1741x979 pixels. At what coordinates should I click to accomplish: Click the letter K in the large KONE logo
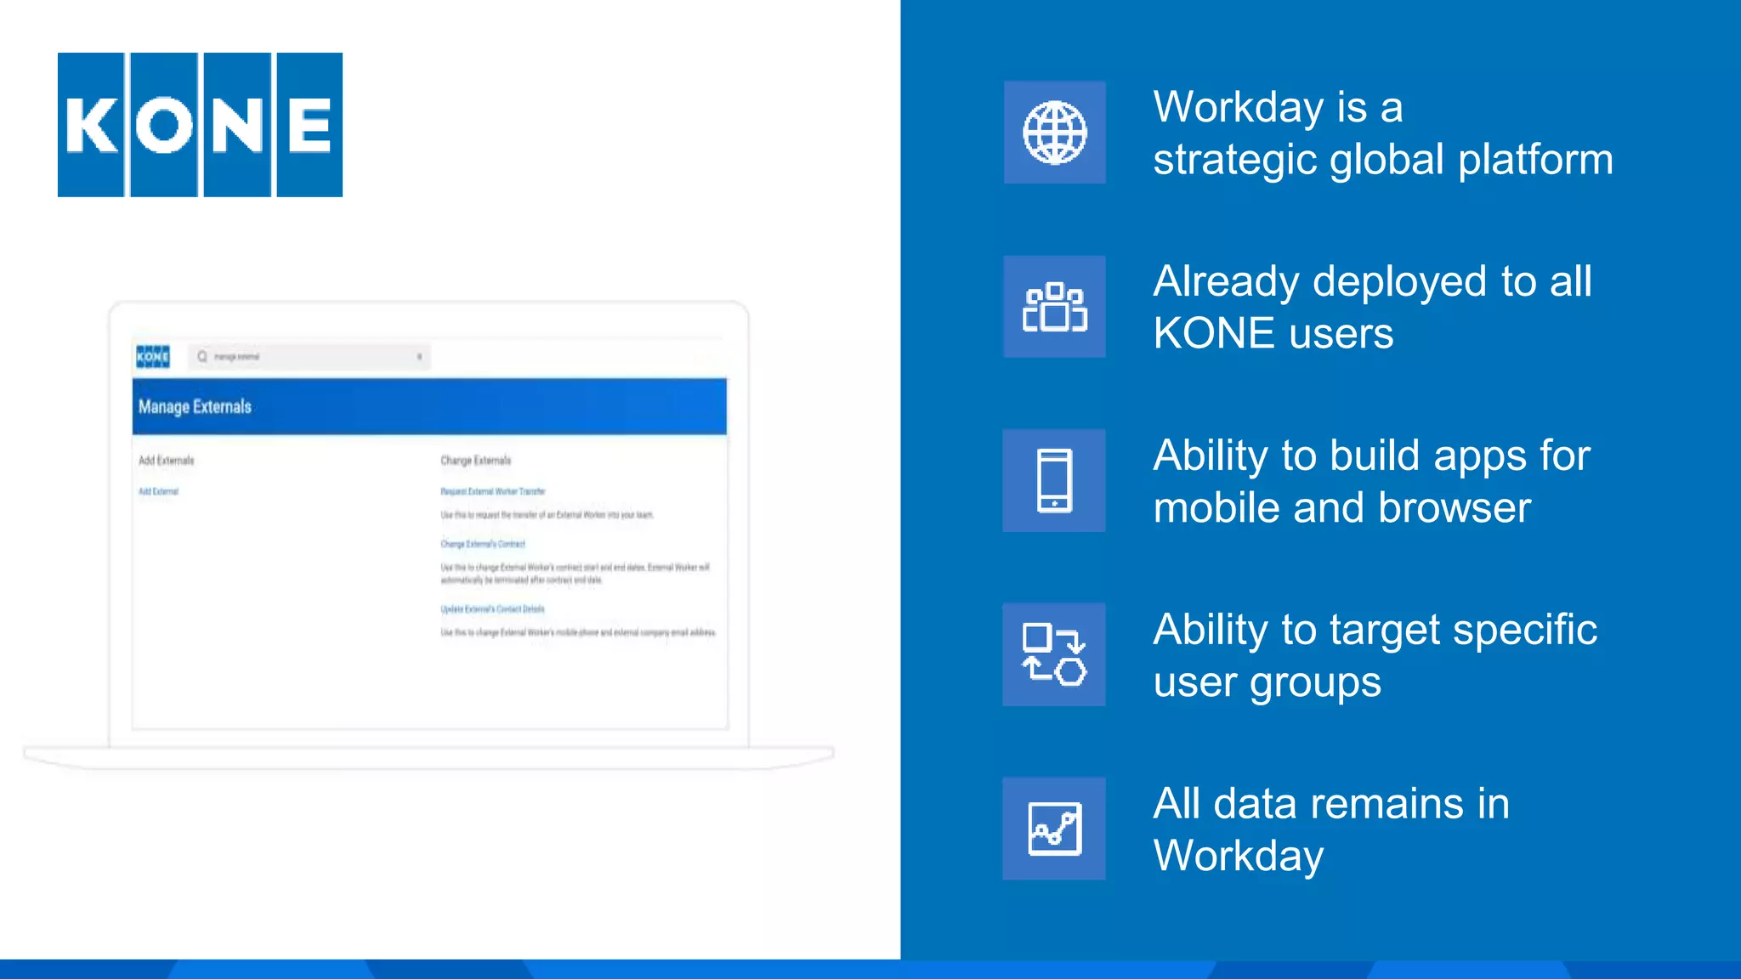(91, 125)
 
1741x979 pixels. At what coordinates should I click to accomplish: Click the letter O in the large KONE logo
(164, 125)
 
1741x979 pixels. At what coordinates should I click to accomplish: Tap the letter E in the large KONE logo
(309, 125)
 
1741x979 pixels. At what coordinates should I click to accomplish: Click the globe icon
(1054, 133)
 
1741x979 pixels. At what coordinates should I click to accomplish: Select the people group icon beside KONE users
(1054, 307)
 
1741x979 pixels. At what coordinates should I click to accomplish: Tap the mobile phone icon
(1054, 481)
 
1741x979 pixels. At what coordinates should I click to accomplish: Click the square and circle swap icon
(1054, 654)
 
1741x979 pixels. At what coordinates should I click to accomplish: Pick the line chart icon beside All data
(1054, 829)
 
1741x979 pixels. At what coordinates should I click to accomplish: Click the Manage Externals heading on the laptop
(195, 407)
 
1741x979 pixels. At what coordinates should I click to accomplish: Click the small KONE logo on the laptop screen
(153, 357)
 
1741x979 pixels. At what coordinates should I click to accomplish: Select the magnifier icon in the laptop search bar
(202, 357)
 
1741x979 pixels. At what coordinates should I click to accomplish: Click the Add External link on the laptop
(158, 491)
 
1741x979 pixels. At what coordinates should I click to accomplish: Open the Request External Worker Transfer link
(492, 491)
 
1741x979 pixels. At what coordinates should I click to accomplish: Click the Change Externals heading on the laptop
(475, 461)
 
